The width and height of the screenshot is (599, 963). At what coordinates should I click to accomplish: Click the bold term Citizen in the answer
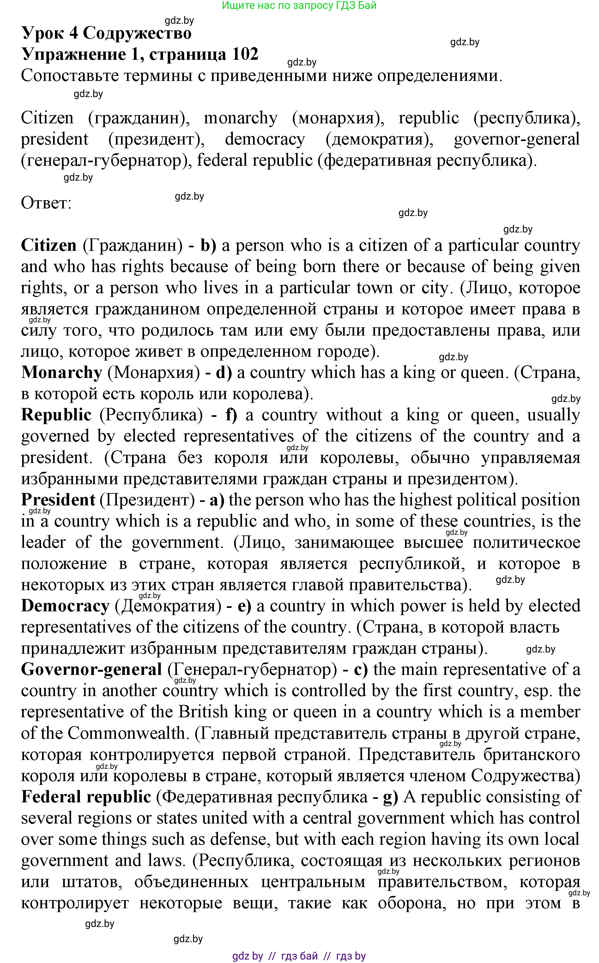click(49, 245)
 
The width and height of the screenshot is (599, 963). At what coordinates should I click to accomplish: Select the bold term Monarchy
click(62, 373)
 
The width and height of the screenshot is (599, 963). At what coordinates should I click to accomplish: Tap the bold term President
click(58, 500)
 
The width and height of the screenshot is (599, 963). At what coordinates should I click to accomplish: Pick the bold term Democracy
click(65, 606)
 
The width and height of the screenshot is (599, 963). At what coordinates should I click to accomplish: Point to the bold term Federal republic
click(86, 797)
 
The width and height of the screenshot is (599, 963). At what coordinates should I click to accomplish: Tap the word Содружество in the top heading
click(137, 33)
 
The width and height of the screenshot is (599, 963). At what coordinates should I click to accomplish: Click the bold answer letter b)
click(209, 245)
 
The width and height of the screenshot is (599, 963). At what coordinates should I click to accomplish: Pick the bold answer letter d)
click(224, 373)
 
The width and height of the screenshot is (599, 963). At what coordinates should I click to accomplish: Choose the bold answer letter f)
click(231, 415)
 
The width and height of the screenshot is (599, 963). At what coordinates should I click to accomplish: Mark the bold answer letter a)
click(217, 500)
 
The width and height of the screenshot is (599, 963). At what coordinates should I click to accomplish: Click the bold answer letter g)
click(390, 797)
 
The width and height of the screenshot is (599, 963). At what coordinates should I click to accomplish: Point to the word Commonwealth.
click(126, 733)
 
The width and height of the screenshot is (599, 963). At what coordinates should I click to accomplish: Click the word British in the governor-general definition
click(203, 712)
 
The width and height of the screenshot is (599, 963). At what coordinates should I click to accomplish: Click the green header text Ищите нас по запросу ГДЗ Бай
click(299, 6)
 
